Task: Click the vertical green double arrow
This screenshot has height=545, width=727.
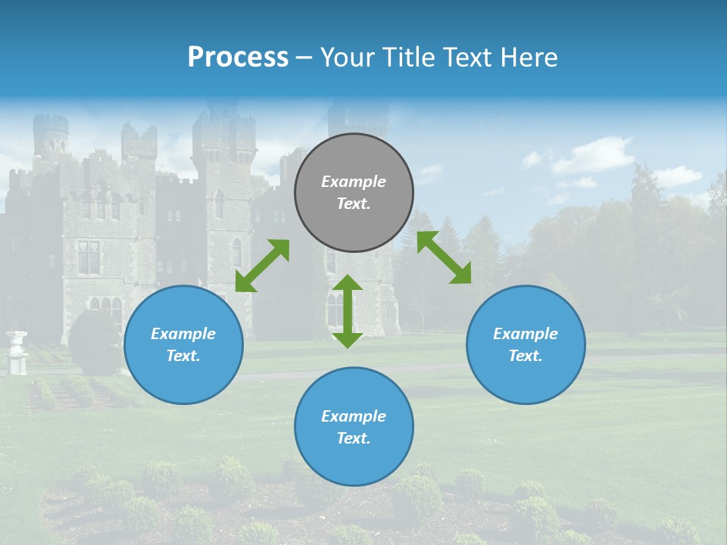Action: point(348,311)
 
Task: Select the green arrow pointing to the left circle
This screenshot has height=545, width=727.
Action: point(262,266)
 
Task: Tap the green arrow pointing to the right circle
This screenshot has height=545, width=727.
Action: point(445,257)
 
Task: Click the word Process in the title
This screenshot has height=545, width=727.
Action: point(238,57)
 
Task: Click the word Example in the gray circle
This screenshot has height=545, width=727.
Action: point(354,182)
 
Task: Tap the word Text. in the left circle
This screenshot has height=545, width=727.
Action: point(183,356)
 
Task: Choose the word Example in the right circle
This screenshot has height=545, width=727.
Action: point(526,334)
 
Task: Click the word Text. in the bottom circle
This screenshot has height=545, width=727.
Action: point(354,438)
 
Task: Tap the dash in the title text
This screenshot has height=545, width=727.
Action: point(304,58)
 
